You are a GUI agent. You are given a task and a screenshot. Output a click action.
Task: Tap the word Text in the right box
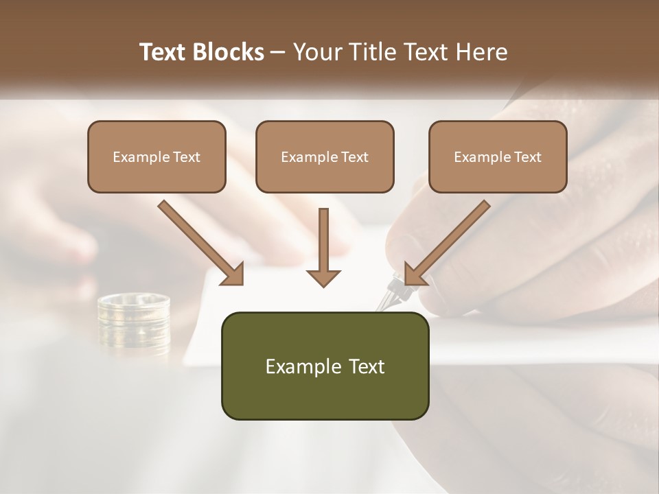tap(527, 156)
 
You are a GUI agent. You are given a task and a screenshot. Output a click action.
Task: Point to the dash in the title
tap(277, 52)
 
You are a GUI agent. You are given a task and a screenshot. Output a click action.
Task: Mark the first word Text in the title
tap(164, 52)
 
